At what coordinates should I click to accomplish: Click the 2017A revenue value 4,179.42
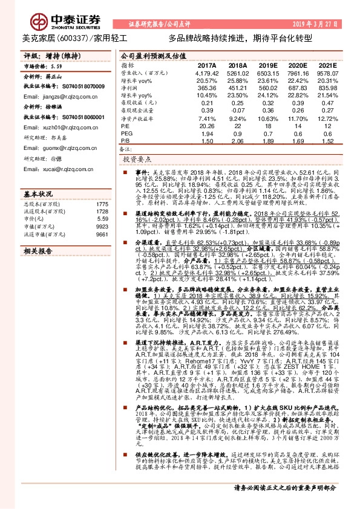(206, 73)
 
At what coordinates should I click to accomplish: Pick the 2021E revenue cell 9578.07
(327, 73)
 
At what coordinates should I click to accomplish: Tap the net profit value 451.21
(238, 88)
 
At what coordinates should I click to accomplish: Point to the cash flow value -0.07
(238, 111)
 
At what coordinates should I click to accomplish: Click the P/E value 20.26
(206, 126)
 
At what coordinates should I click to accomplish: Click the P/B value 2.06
(238, 141)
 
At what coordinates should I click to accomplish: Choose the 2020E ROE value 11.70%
(298, 118)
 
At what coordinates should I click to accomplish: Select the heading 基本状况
(37, 196)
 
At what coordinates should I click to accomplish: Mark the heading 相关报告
(37, 250)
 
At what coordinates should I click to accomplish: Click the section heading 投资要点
(137, 160)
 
